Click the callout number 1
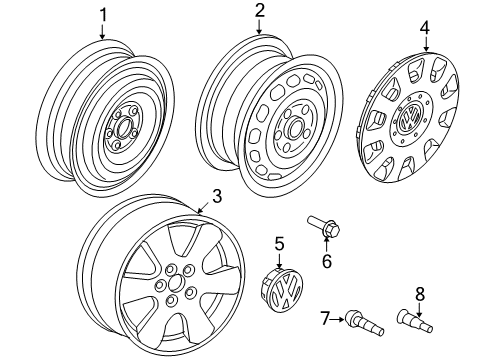coord(103,15)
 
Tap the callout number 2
coord(259,10)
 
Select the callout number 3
coord(217,196)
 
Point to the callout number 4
coord(425,28)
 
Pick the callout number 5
coord(279,243)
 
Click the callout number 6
coord(327,261)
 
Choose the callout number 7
coord(325,318)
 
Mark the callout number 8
coord(420,294)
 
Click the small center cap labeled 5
coord(282,289)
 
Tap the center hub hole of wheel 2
coord(295,128)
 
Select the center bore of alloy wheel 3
coord(174,283)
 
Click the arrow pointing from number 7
coord(337,319)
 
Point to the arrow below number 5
coord(279,260)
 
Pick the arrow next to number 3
coord(205,208)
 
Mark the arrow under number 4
coord(425,43)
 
